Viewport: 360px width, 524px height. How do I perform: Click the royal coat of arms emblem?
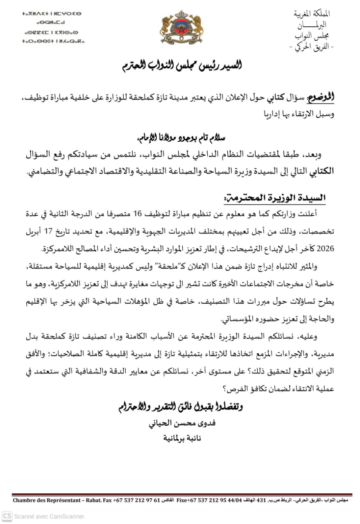tap(180, 27)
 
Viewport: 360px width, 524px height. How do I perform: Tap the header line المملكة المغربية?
tap(314, 14)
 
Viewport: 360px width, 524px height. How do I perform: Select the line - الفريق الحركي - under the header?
tap(312, 47)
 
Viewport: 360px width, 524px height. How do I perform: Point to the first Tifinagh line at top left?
tap(52, 14)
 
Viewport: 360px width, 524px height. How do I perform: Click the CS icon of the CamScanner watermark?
tap(7, 516)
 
